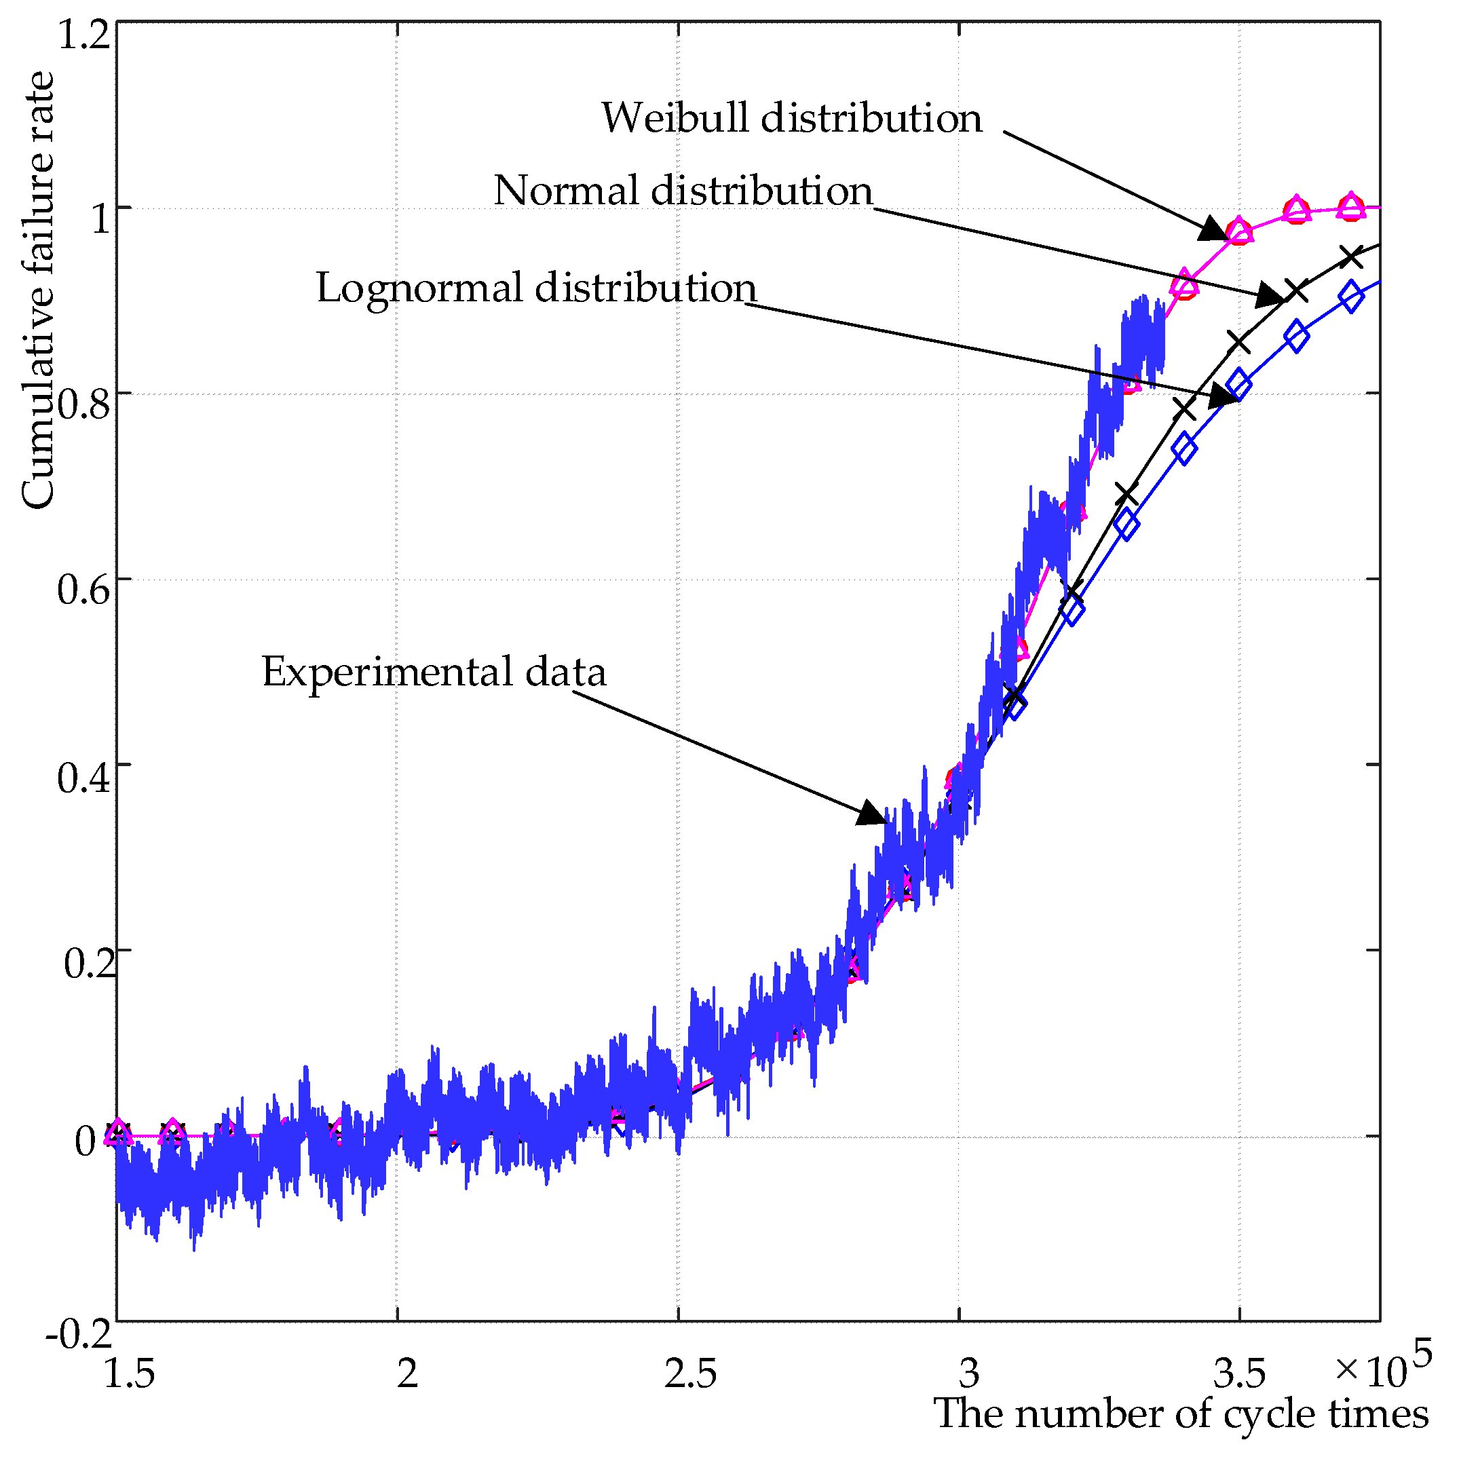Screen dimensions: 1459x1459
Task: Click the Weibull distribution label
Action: pos(791,119)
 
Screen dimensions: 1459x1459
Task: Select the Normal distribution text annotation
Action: pos(683,190)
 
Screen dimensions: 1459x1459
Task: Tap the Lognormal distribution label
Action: pos(535,288)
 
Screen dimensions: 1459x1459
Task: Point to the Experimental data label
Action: pos(434,672)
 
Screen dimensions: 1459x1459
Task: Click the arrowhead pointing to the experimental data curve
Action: pos(874,814)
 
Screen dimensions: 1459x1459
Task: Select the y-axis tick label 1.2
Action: pos(83,36)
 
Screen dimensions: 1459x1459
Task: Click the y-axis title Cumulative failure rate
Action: pos(38,290)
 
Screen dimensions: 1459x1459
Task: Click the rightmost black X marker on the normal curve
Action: pos(1352,257)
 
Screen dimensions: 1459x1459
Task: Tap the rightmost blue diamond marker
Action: pos(1352,297)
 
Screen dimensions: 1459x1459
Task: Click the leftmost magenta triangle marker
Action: pos(117,1131)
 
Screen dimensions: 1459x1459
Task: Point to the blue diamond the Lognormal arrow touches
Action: pos(1239,385)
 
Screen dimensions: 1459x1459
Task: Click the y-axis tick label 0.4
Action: pos(83,777)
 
